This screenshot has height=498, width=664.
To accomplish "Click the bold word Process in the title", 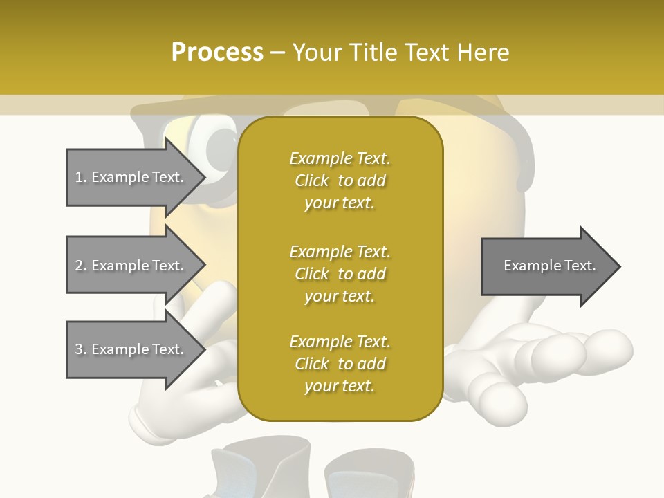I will (217, 53).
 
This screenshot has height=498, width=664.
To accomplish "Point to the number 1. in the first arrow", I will (81, 177).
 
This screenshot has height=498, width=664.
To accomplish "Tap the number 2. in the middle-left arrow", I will (81, 266).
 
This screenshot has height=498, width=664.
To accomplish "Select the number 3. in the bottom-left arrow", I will (81, 349).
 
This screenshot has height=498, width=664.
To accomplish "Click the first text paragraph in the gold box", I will (340, 181).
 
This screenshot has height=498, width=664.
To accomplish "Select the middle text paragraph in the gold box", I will (340, 273).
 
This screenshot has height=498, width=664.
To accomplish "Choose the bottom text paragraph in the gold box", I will (340, 364).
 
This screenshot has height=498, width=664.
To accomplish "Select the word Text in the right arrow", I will (580, 266).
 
